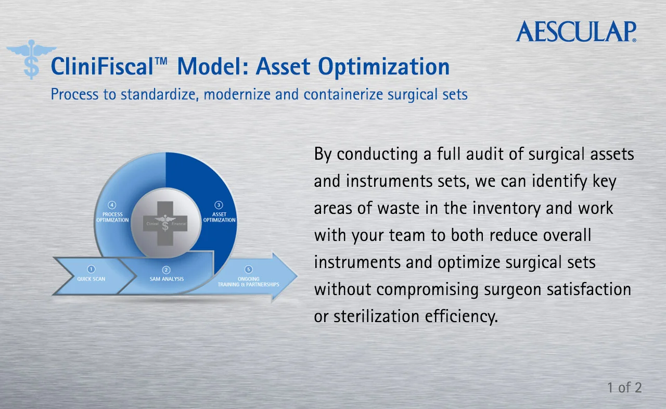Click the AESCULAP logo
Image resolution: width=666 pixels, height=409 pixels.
pyautogui.click(x=576, y=31)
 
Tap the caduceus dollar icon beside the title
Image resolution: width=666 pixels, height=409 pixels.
pyautogui.click(x=32, y=59)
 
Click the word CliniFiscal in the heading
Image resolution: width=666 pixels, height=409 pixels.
pyautogui.click(x=102, y=66)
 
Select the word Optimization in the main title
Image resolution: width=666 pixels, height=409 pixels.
pyautogui.click(x=383, y=67)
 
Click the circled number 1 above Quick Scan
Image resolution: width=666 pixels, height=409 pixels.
pyautogui.click(x=91, y=269)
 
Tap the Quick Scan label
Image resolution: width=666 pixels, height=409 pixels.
pyautogui.click(x=91, y=279)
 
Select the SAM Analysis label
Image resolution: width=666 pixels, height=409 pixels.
pyautogui.click(x=166, y=279)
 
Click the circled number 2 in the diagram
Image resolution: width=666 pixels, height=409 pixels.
pyautogui.click(x=166, y=270)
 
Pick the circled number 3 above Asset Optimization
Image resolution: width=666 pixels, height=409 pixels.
pyautogui.click(x=219, y=205)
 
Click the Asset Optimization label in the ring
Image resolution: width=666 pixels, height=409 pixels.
pyautogui.click(x=219, y=217)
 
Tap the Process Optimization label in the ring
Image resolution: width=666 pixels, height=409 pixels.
pyautogui.click(x=112, y=217)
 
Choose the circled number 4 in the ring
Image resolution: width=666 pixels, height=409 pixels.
pyautogui.click(x=112, y=205)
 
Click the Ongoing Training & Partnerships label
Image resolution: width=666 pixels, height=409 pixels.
pyautogui.click(x=249, y=282)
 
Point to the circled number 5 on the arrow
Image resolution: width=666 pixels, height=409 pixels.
pyautogui.click(x=249, y=270)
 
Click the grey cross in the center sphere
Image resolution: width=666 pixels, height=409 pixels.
pyautogui.click(x=165, y=224)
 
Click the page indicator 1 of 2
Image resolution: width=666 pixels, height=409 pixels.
pyautogui.click(x=624, y=388)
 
